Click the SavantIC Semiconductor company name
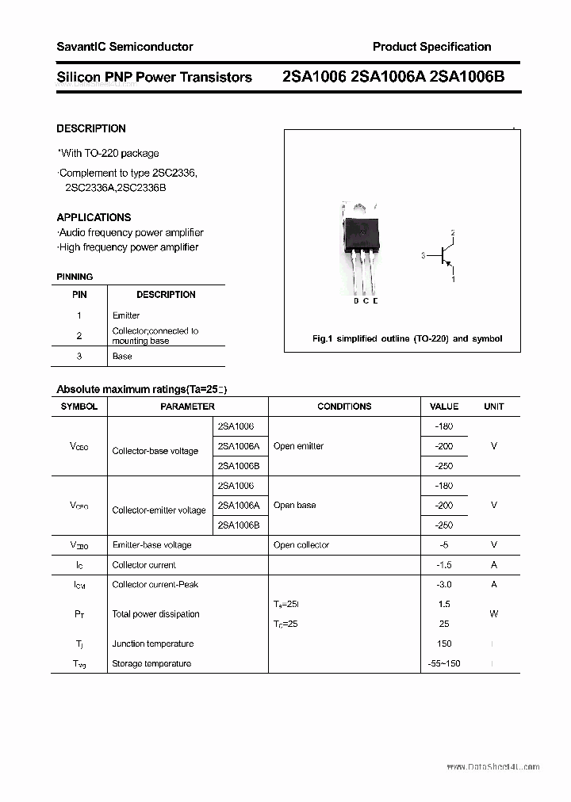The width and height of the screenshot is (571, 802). click(x=125, y=47)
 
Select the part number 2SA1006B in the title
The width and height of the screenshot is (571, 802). click(x=469, y=77)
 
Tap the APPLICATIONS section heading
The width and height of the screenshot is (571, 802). click(x=94, y=217)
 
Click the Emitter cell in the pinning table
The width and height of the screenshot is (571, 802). click(x=126, y=315)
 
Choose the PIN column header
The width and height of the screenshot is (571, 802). click(x=79, y=295)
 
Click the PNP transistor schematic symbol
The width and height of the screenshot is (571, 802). click(x=446, y=256)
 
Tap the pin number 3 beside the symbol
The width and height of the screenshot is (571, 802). click(x=423, y=256)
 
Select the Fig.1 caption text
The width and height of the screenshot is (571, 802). click(x=407, y=338)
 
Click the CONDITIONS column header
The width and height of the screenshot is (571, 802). click(x=344, y=407)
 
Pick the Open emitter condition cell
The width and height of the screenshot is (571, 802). click(x=298, y=446)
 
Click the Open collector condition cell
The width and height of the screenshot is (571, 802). click(x=301, y=545)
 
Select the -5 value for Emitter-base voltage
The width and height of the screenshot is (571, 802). click(x=443, y=545)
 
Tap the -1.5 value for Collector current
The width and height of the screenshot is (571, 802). click(x=443, y=565)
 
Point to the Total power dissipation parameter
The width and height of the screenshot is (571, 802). click(x=155, y=614)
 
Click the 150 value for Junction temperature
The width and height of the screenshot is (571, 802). click(x=443, y=644)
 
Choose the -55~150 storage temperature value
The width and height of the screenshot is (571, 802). click(x=443, y=663)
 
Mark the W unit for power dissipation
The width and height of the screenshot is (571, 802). click(x=493, y=614)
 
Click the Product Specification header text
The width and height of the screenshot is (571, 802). click(x=431, y=47)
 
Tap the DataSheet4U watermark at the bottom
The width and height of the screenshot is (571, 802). click(x=492, y=766)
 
